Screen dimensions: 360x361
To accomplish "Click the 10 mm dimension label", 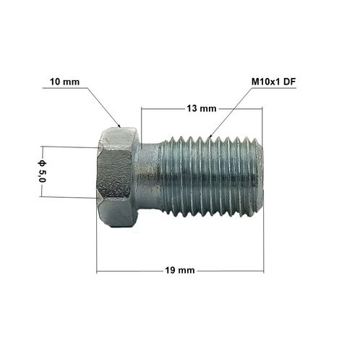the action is coord(64,82).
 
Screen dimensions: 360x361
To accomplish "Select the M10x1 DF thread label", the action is coord(273,82).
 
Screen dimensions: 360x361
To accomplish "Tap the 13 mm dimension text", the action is coord(202,108).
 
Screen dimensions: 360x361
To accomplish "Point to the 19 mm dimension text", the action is coord(180,270).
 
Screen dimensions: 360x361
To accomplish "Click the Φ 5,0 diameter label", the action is coord(42,171).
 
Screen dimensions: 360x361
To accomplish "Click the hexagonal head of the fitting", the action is coord(117,177).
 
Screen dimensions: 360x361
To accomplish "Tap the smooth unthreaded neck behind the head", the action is coord(148,177).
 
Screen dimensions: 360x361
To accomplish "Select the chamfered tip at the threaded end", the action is coord(259,177).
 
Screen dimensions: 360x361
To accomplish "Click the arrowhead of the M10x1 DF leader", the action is coord(210,136).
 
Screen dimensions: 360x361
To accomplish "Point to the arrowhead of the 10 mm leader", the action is coord(119,125).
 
